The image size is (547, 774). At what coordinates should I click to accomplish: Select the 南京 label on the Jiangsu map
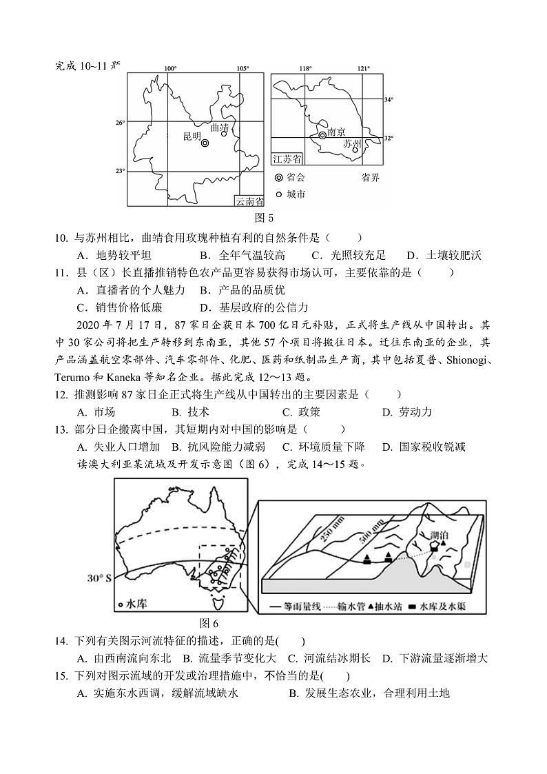[x=336, y=132]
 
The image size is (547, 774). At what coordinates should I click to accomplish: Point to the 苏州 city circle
[x=355, y=149]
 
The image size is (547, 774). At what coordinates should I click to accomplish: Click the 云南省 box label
[x=249, y=201]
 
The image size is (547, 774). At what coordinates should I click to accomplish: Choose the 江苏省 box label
[x=287, y=159]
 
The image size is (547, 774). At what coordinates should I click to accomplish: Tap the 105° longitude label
[x=242, y=68]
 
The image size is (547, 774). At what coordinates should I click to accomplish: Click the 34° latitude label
[x=389, y=100]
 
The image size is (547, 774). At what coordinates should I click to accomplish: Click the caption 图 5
[x=265, y=218]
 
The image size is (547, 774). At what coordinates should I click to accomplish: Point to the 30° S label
[x=99, y=578]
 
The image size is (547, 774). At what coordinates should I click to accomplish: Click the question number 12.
[x=60, y=394]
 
